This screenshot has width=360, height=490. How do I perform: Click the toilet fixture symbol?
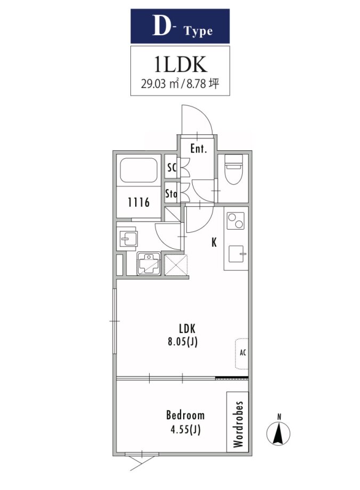234,170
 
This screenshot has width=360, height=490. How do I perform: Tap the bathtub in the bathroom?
139,170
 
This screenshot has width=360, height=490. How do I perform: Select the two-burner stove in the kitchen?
235,221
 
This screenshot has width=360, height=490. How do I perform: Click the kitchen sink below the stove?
237,254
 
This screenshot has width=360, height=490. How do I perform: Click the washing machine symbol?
149,264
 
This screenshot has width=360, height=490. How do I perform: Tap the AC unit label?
243,353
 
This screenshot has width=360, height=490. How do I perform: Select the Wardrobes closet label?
238,424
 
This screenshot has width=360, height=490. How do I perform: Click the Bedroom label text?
185,415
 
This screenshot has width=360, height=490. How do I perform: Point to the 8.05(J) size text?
183,342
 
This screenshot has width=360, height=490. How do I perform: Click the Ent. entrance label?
199,149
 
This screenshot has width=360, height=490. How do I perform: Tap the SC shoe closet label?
171,168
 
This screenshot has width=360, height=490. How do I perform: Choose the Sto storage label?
171,194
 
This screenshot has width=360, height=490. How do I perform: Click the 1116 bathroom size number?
139,202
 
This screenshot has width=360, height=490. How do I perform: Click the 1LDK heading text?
181,64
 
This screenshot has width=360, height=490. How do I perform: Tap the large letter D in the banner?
161,26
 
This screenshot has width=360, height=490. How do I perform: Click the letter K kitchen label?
214,242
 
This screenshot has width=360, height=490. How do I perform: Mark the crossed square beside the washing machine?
176,265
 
